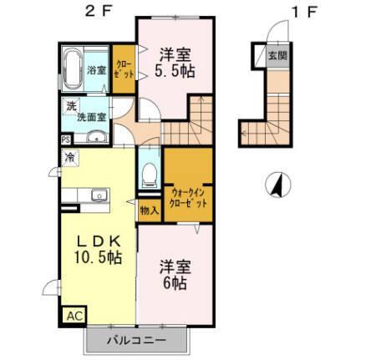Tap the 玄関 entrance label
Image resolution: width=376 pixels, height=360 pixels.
[274, 56]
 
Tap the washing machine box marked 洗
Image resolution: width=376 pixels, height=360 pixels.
[71, 107]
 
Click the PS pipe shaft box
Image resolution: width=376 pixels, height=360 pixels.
[65, 140]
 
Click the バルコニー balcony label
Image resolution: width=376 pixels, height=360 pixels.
[138, 341]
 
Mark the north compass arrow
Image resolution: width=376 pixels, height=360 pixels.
[277, 183]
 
